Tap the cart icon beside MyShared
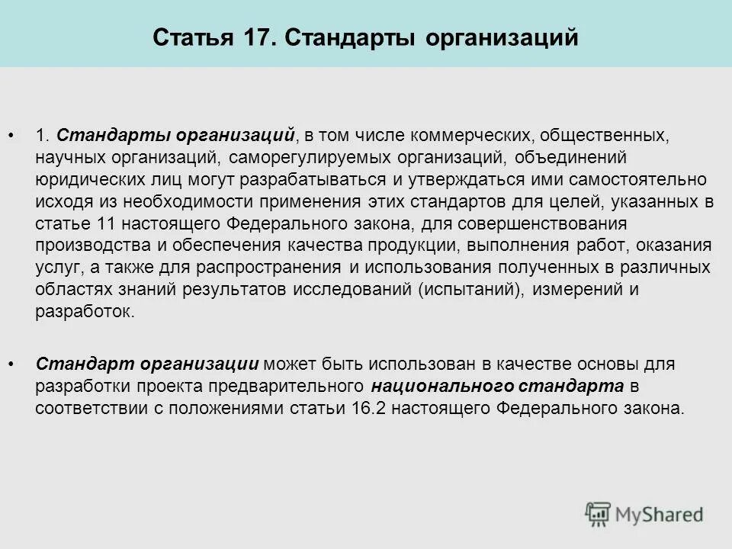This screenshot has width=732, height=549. point(599,514)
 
